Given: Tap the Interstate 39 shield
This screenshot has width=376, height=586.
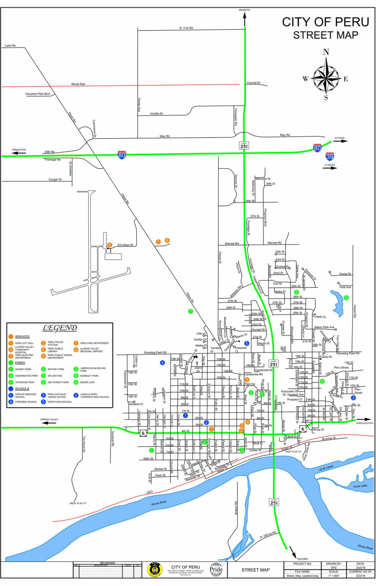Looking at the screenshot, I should [330, 156].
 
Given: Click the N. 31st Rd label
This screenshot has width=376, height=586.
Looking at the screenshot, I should [186, 28].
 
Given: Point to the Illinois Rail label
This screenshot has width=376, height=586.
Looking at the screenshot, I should [78, 84].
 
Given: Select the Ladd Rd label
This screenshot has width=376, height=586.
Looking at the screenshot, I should [10, 46].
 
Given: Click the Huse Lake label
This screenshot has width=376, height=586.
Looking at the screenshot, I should [360, 486].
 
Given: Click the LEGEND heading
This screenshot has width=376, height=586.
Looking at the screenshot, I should [60, 328].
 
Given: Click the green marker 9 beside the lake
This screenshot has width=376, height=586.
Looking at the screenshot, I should [346, 298].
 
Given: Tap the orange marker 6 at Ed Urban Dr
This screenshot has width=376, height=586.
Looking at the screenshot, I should [109, 245].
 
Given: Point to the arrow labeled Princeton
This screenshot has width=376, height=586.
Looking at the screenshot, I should [19, 153].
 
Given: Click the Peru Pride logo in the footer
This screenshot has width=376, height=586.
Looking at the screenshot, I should [216, 570].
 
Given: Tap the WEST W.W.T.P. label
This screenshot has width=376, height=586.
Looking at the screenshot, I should [78, 503].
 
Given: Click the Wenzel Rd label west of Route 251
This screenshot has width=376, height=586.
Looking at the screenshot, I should [231, 243].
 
